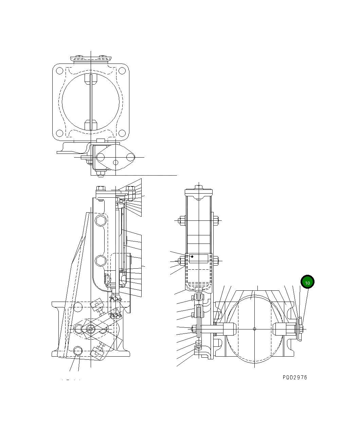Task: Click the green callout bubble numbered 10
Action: coord(307,282)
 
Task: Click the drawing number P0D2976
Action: coord(294,377)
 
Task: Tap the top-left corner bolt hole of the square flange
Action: coord(59,71)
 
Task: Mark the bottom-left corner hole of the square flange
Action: coord(59,133)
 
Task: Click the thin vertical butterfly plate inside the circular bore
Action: coord(91,102)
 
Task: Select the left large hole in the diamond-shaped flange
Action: coord(101,157)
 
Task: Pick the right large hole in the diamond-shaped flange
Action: coord(130,157)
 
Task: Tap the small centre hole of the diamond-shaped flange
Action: coord(115,162)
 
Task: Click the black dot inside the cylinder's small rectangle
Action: coord(193,256)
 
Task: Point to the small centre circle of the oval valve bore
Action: coord(255,328)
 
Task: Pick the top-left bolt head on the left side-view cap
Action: coord(101,188)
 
